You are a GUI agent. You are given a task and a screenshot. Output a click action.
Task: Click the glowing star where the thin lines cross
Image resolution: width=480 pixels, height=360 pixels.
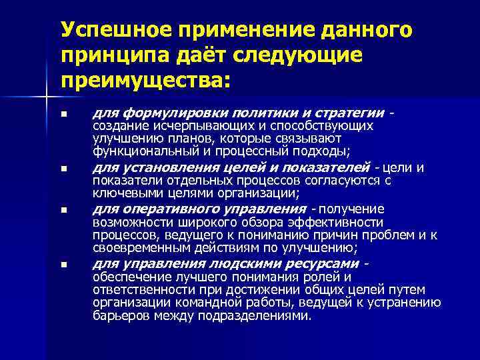[x=46, y=99]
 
